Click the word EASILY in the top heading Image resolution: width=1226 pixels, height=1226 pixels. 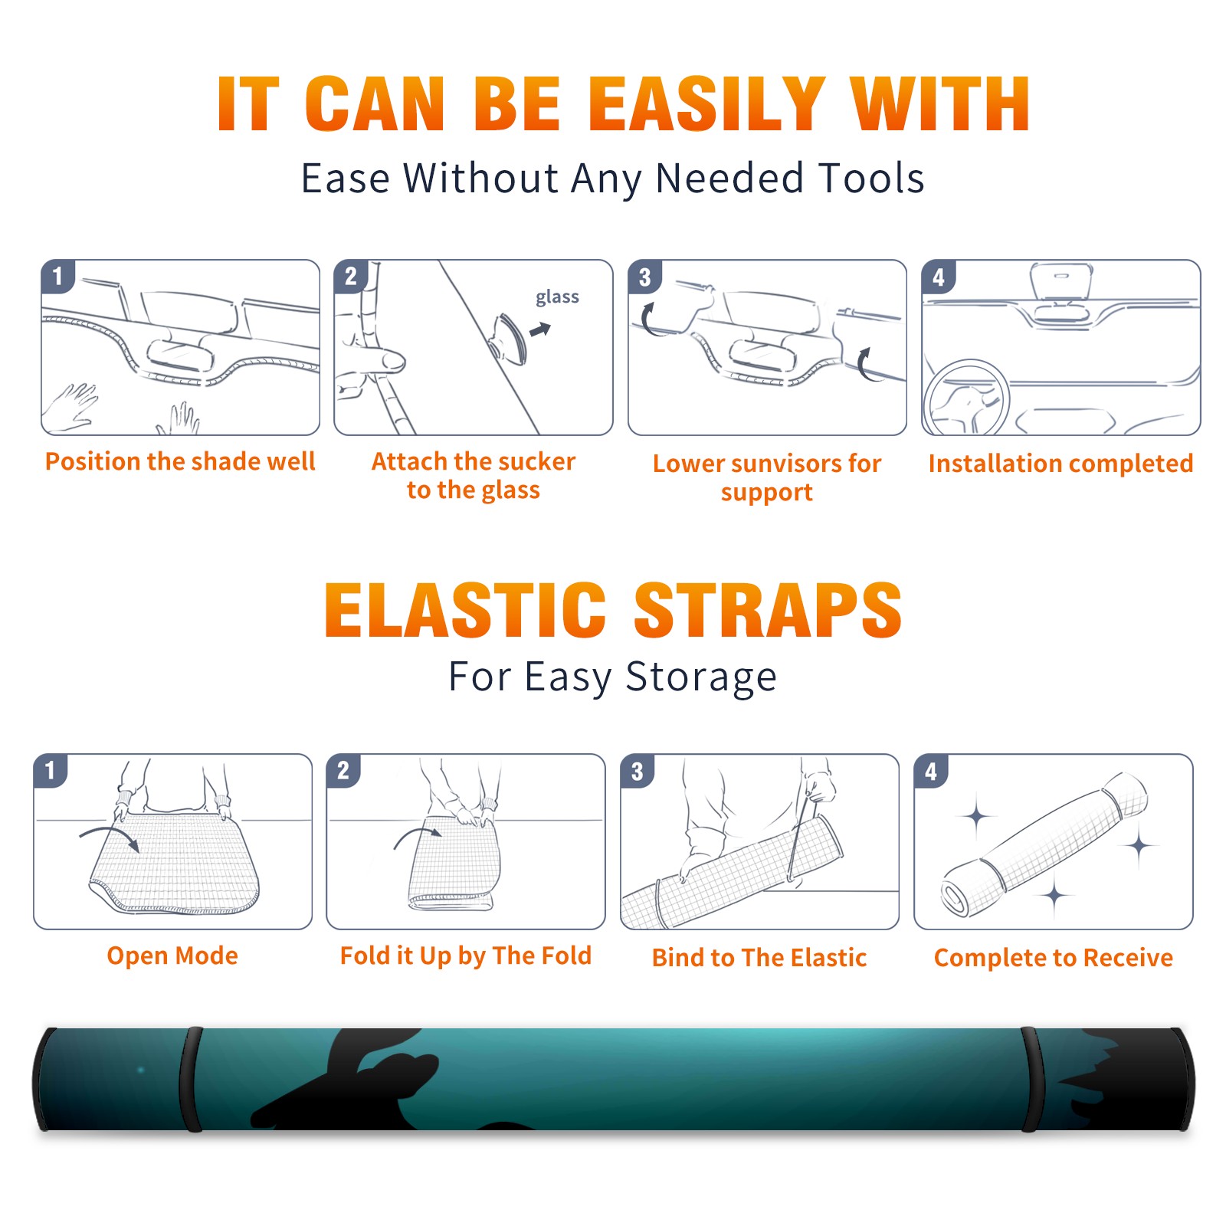coord(706,104)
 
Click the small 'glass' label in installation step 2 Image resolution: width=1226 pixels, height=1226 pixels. coord(557,297)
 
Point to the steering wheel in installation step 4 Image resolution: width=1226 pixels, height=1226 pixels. coord(966,398)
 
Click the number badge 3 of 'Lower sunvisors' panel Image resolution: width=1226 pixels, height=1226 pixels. coord(644,277)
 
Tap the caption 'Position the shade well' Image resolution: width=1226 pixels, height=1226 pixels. coord(180,461)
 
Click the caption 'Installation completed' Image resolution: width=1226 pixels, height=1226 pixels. coord(1060,464)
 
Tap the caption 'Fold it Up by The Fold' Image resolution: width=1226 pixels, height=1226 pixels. coord(466,956)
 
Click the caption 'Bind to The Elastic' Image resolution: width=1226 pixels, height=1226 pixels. coord(759,958)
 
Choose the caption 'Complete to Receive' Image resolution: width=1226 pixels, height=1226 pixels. coord(1054,958)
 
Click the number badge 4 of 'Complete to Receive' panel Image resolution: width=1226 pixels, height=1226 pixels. coord(931,771)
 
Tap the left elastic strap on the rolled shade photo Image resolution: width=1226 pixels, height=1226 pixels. coord(191,1079)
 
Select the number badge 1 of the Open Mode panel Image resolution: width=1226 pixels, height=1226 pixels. coord(51,770)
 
